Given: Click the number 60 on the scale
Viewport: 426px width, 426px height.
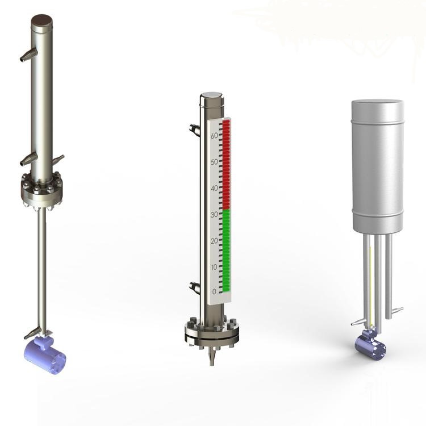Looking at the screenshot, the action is (214, 135).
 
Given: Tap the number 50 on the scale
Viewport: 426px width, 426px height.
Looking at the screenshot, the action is (214, 162).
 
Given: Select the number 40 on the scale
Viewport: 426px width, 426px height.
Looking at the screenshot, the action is (214, 188).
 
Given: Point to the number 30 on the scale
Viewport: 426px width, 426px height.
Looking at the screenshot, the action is (214, 215).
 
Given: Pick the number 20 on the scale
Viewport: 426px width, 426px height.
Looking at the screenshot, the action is (214, 241).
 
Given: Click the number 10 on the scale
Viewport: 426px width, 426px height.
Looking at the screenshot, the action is (214, 268).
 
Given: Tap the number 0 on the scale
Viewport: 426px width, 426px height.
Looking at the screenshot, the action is (214, 291).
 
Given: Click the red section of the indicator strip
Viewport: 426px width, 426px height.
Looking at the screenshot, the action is (227, 164).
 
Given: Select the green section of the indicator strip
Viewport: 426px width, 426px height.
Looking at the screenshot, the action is (227, 250).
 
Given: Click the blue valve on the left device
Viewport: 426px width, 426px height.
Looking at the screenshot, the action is (45, 352).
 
